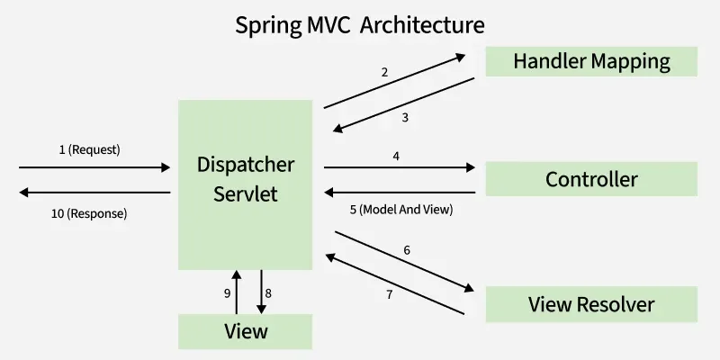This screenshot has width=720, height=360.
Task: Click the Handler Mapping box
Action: pyautogui.click(x=591, y=61)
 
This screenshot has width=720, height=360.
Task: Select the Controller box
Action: pyautogui.click(x=591, y=179)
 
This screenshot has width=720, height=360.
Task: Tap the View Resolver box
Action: pyautogui.click(x=591, y=304)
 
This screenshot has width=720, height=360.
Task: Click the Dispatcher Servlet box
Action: pyautogui.click(x=245, y=184)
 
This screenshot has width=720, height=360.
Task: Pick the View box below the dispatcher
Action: pyautogui.click(x=245, y=331)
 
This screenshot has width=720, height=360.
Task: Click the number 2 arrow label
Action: pyautogui.click(x=384, y=72)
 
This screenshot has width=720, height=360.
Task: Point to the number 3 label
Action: pyautogui.click(x=405, y=118)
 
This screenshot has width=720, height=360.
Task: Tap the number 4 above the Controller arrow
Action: pyautogui.click(x=396, y=156)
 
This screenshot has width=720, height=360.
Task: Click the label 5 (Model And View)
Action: pyautogui.click(x=401, y=210)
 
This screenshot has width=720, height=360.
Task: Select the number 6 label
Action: pyautogui.click(x=407, y=250)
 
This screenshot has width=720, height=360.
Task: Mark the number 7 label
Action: pyautogui.click(x=390, y=295)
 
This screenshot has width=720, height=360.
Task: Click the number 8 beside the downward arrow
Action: pyautogui.click(x=268, y=294)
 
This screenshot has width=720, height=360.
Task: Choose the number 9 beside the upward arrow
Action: pyautogui.click(x=228, y=294)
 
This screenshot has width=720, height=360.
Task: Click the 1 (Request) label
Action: pyautogui.click(x=89, y=150)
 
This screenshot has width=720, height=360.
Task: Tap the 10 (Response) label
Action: pyautogui.click(x=89, y=214)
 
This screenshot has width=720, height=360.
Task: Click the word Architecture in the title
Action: pyautogui.click(x=422, y=25)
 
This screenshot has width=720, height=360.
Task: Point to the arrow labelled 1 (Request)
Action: pyautogui.click(x=94, y=167)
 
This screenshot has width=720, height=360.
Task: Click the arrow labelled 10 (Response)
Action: pyautogui.click(x=94, y=193)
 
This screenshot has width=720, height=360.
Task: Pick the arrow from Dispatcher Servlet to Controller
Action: pyautogui.click(x=400, y=167)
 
